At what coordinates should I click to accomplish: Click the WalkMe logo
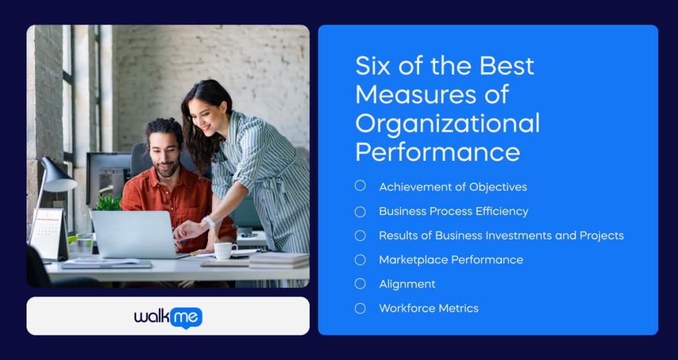pos(168,317)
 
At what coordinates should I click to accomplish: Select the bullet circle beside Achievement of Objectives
pos(360,186)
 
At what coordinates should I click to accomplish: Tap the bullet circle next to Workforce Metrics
pos(360,308)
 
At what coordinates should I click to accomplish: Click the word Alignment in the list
pos(407,284)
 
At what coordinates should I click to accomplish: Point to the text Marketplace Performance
pos(450,259)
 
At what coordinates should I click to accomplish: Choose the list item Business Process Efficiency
pos(453,211)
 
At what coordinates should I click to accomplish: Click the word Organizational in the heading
pos(447,123)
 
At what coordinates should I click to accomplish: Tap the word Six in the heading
pos(373,66)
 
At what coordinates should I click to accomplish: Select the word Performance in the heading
pos(437,152)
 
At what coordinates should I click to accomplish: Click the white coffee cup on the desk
pos(224,250)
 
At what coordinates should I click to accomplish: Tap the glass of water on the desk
pos(84,245)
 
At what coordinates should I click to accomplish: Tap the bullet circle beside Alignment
pos(360,283)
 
